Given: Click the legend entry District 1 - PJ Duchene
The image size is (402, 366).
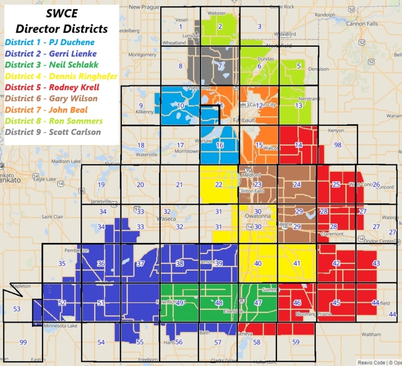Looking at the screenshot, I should coord(50,42).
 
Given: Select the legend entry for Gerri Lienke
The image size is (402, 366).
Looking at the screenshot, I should coord(49,53).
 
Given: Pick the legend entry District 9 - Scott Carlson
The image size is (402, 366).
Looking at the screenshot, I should coord(53,132).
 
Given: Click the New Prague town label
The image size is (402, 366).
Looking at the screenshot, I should coord(143,7).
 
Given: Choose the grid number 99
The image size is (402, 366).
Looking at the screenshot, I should coord(23,342).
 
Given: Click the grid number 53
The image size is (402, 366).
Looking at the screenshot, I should coord(17,309).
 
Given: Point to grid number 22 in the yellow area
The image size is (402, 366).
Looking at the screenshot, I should coord(218,185).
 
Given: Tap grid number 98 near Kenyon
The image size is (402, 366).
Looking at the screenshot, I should coord(338,145).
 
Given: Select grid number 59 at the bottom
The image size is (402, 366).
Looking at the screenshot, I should coord(296,342).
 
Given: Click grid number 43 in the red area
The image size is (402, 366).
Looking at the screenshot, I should coord(376,263).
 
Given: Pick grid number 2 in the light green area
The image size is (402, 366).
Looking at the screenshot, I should coord(219,27).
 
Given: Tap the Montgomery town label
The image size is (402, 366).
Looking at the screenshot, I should coord(142,54).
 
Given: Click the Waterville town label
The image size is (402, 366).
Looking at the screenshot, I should coord(146,155).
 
